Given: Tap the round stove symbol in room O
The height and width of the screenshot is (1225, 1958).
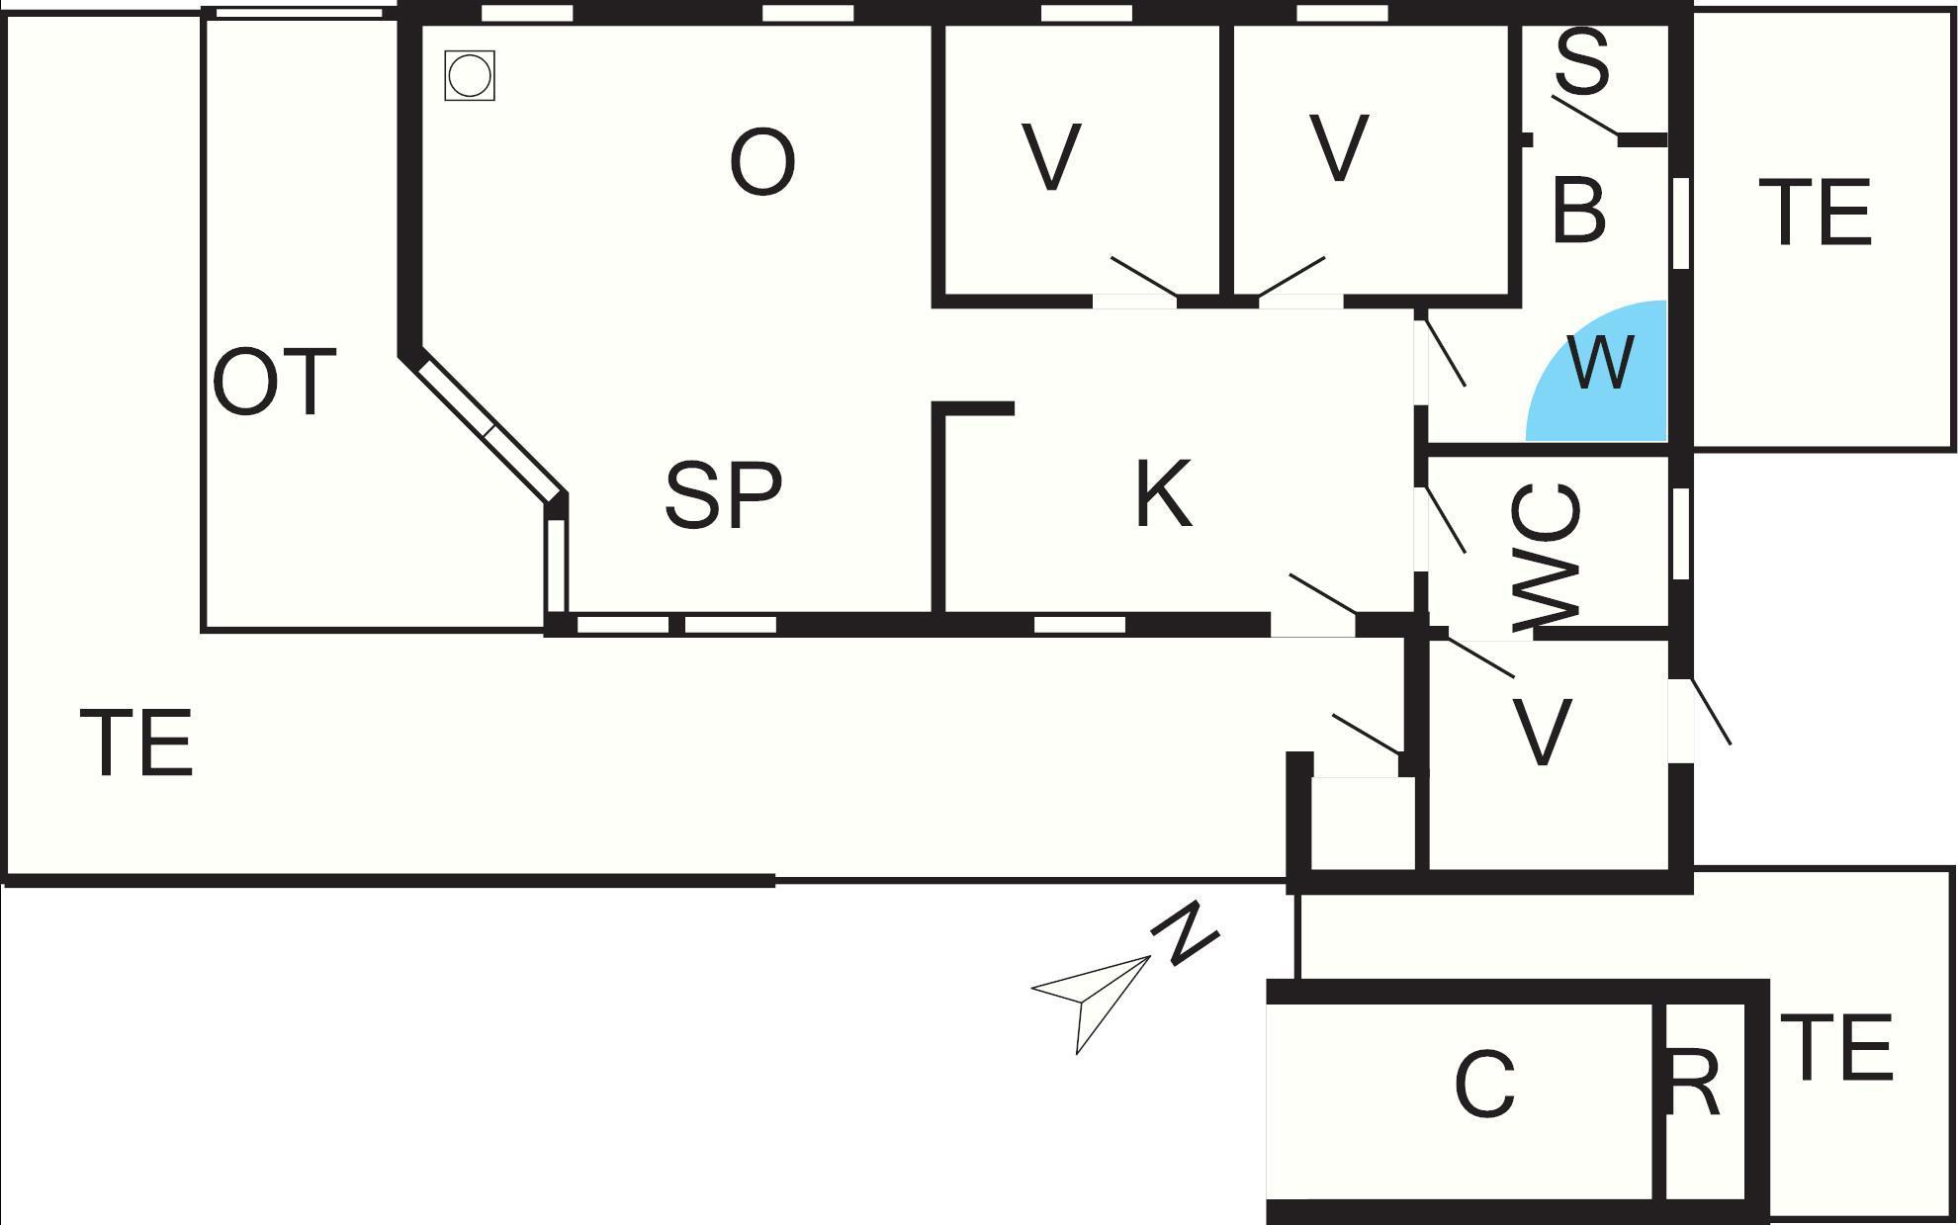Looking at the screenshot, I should (469, 75).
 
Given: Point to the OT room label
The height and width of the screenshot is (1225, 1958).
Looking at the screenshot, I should (274, 383).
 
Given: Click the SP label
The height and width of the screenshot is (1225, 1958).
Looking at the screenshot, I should (723, 495).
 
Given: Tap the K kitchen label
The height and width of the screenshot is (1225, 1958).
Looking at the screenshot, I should (1163, 493).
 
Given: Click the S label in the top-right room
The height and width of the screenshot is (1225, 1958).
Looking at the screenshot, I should (1582, 61).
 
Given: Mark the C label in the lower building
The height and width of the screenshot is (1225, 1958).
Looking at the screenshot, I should (1484, 1085).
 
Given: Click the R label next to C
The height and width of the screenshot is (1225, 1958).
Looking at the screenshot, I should (1694, 1084).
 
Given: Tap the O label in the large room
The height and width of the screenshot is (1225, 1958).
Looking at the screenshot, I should (761, 162).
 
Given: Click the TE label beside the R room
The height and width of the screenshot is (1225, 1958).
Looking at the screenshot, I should (1840, 1047).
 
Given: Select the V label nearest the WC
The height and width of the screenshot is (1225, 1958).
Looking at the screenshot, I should (1542, 733).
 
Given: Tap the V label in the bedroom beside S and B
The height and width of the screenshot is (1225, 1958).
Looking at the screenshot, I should (1339, 148).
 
